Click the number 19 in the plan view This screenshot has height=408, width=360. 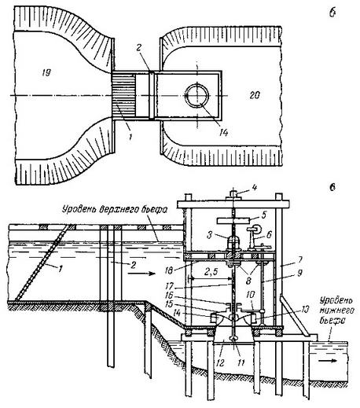point(46,72)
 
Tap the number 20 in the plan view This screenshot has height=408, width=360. point(255,95)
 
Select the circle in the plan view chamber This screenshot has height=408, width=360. point(197,95)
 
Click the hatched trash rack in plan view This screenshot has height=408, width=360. point(123,95)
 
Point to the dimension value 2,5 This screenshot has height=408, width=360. point(211,272)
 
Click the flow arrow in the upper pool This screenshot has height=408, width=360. point(141,274)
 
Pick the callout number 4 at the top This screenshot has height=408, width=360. point(255,187)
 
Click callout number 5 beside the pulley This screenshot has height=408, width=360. point(263,215)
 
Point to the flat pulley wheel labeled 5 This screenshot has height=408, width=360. point(233,221)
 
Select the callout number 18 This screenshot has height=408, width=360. point(169,270)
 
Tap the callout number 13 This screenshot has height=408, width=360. point(303,309)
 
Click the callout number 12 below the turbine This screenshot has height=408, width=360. point(220,362)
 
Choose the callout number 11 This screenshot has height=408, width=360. point(241,362)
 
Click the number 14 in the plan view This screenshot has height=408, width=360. point(223,133)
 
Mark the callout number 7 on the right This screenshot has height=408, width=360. point(299,259)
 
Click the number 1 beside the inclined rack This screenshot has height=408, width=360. point(61,268)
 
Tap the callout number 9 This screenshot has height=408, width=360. point(299,273)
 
